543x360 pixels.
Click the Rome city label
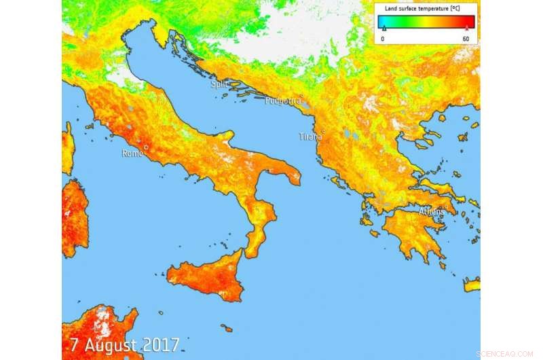point(132,154)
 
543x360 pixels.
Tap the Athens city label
point(431,211)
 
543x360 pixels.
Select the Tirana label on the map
point(310,137)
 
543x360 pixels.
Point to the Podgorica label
point(279,101)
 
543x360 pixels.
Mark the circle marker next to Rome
point(145,146)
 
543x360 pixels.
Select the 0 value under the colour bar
point(383,39)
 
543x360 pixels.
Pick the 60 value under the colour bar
point(466,39)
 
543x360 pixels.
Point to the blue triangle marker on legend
point(383,29)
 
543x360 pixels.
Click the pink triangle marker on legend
point(466,29)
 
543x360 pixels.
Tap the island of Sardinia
point(75,217)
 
